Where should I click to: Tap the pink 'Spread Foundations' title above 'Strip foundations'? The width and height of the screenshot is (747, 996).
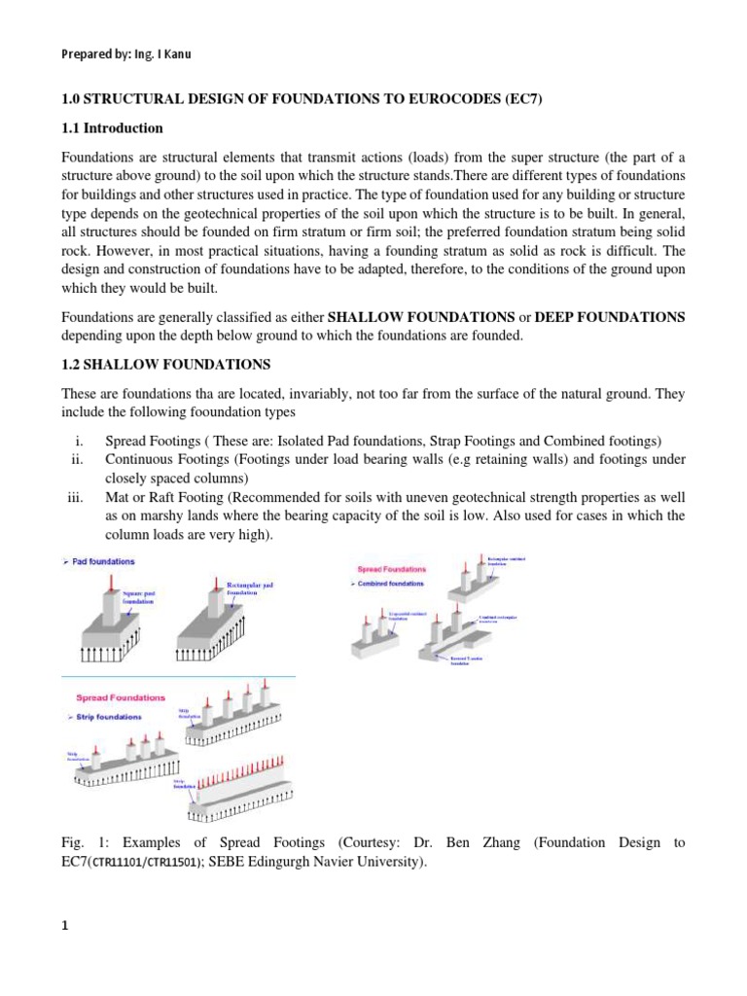coord(118,697)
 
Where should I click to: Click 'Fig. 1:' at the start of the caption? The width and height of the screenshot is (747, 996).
coord(80,843)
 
